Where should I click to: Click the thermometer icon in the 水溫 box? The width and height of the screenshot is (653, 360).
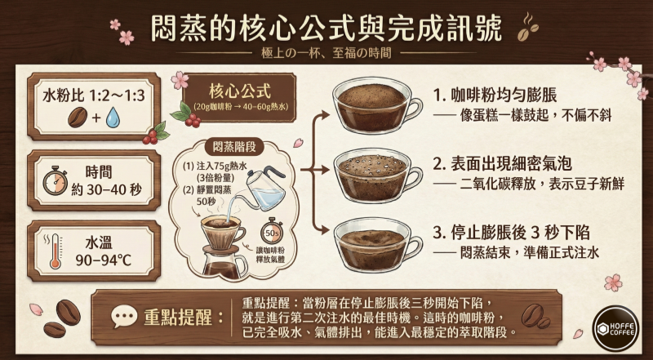[56, 251]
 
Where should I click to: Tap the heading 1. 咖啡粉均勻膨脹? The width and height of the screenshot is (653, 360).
[507, 93]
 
